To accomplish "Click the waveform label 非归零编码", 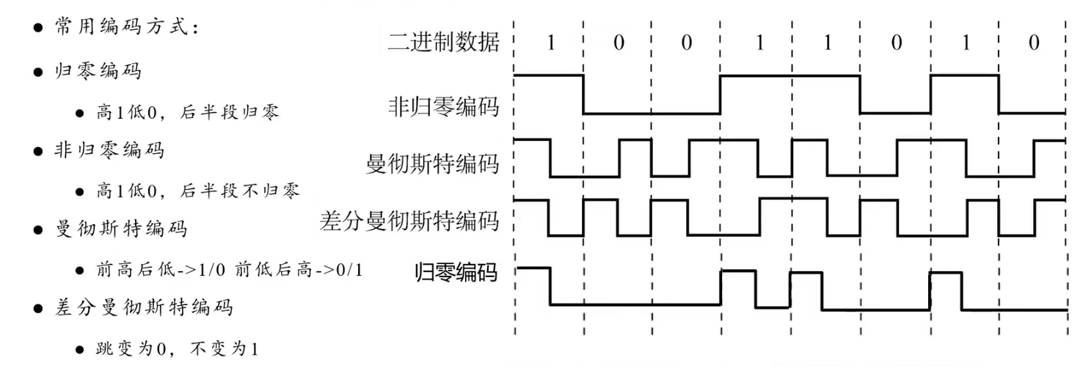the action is (443, 108).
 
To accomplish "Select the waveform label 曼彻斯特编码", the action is (432, 163).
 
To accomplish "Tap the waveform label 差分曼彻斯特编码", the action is (409, 220).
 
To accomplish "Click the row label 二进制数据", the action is (443, 43).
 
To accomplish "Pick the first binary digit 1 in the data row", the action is (550, 43).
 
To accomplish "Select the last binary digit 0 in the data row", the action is (1033, 43).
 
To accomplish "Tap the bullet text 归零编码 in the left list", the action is (98, 72).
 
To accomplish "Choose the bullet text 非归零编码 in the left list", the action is (109, 151).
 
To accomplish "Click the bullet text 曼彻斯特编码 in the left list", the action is (120, 229).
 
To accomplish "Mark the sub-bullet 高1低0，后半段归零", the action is (187, 112).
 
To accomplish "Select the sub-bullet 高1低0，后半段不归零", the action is (197, 191).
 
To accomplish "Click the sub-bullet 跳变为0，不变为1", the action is (176, 348).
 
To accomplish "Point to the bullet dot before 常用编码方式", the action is (37, 28).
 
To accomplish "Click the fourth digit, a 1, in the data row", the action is (759, 43).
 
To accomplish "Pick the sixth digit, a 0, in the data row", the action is (896, 43).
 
